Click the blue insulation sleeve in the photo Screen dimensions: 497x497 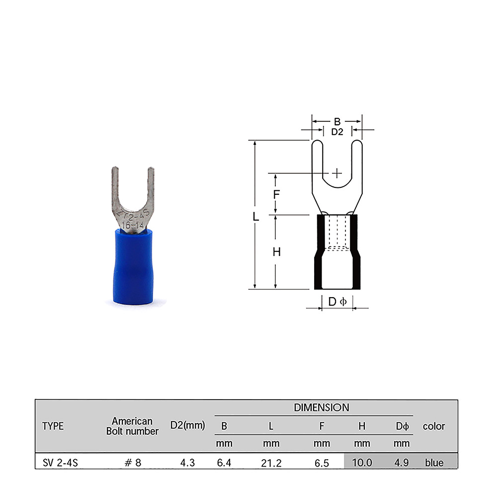[x=133, y=267]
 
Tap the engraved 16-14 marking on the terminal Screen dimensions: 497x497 [x=133, y=225]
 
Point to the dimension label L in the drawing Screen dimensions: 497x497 [x=256, y=217]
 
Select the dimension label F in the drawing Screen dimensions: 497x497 [x=276, y=194]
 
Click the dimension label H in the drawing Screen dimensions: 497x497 [x=276, y=252]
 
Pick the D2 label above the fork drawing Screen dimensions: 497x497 [x=337, y=132]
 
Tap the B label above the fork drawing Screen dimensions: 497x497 [x=337, y=121]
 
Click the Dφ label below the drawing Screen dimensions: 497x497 [x=337, y=302]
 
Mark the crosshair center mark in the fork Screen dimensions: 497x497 [x=337, y=173]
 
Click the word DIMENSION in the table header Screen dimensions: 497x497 [x=322, y=408]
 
